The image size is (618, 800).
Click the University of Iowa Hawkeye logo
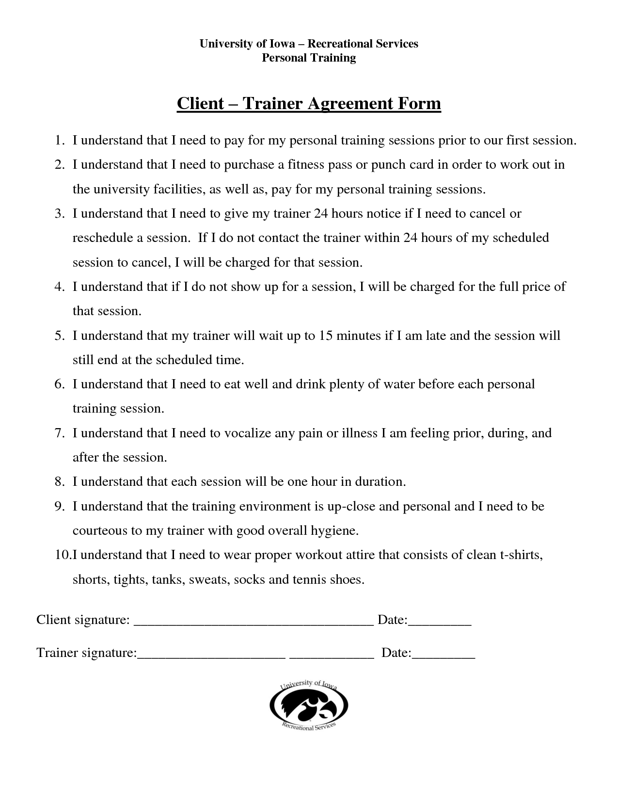(309, 706)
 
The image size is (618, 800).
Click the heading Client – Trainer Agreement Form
(309, 103)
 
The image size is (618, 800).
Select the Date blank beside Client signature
(440, 622)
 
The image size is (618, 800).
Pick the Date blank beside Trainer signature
(443, 655)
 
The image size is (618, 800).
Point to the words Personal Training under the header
(309, 58)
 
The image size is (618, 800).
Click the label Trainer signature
(86, 653)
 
